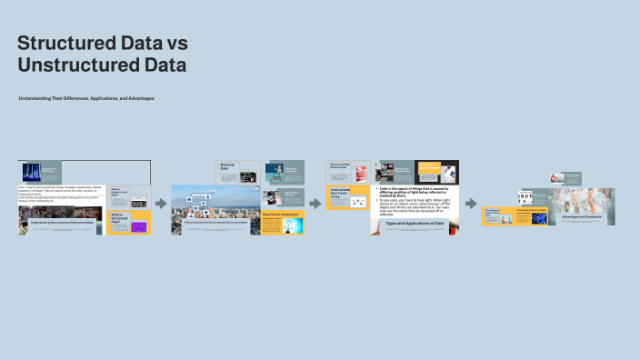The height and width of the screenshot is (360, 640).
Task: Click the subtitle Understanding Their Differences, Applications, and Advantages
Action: pyautogui.click(x=86, y=97)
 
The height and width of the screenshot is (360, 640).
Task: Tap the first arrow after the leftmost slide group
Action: pyautogui.click(x=161, y=204)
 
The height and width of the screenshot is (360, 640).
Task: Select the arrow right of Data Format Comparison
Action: pyautogui.click(x=315, y=204)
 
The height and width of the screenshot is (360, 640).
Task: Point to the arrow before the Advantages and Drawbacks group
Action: pyautogui.click(x=471, y=204)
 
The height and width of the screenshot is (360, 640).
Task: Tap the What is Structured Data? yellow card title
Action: pyautogui.click(x=117, y=219)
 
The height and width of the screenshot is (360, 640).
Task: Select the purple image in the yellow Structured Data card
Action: pyautogui.click(x=139, y=226)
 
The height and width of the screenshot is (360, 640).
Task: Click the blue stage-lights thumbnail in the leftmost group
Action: pyautogui.click(x=32, y=171)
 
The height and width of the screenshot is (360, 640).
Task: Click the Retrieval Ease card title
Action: pyautogui.click(x=228, y=166)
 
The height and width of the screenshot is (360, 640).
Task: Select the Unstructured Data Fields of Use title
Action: pyautogui.click(x=340, y=194)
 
